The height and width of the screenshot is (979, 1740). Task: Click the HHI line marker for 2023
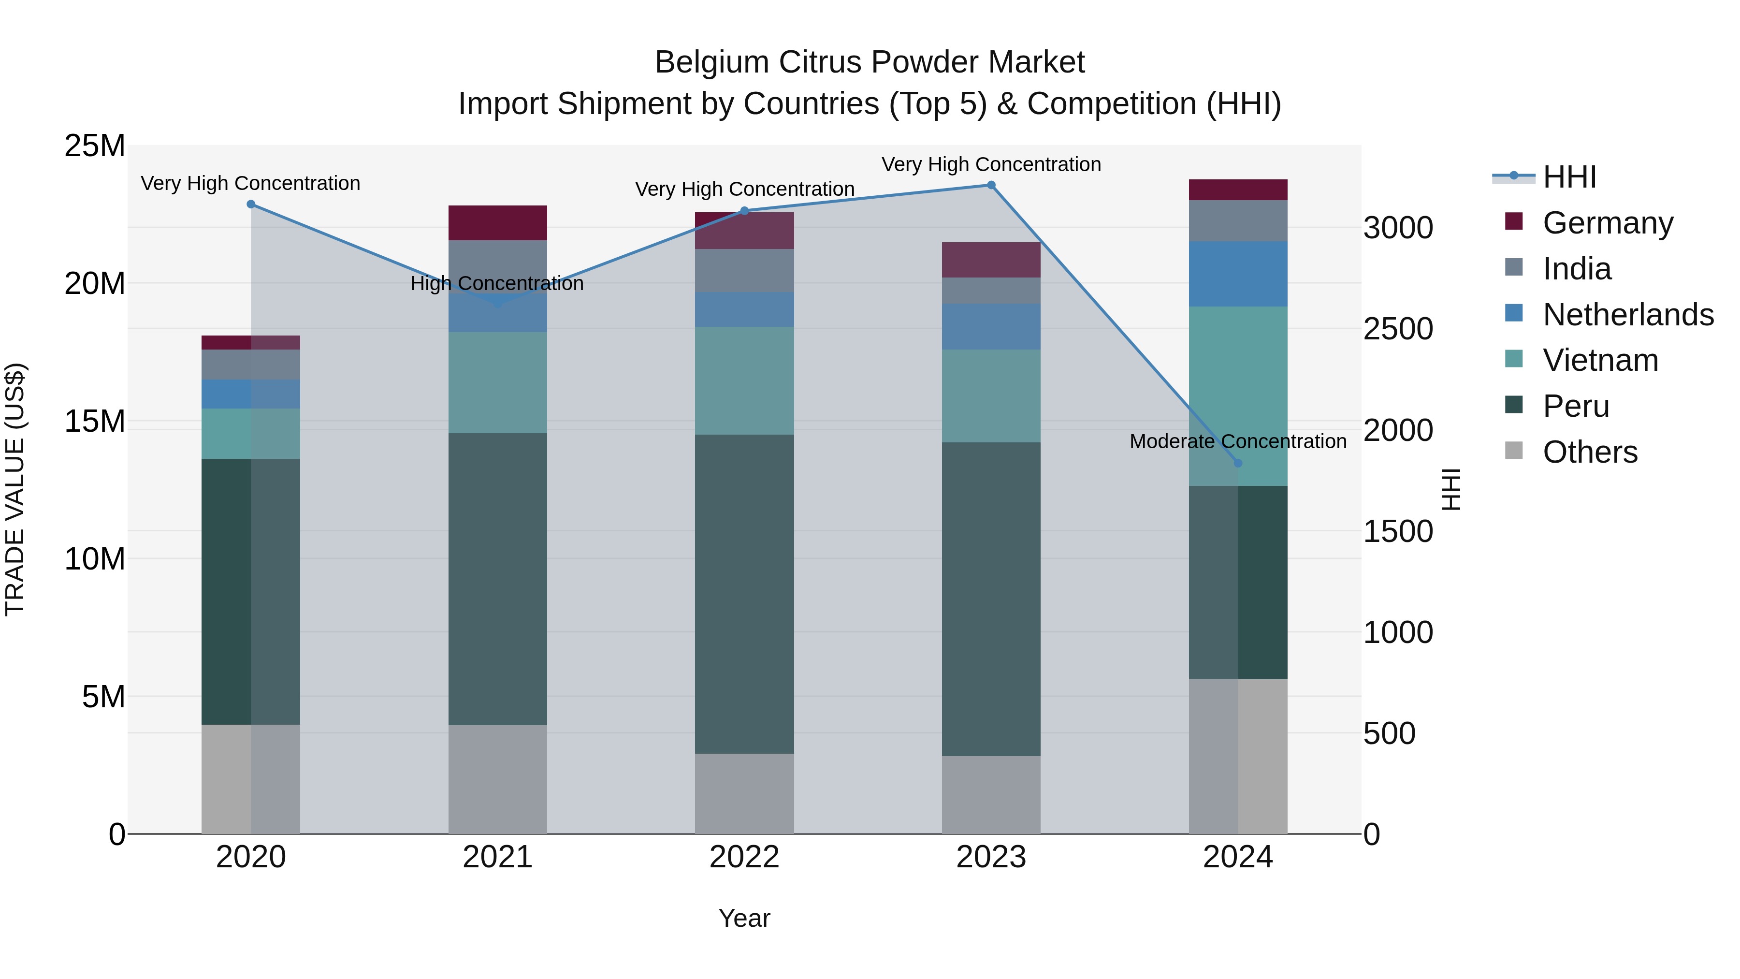point(991,185)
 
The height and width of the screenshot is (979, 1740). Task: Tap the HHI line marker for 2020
point(250,204)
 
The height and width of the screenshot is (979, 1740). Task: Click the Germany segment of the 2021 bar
point(497,222)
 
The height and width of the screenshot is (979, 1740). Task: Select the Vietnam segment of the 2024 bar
point(1237,396)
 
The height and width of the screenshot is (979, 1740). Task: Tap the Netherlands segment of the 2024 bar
point(1237,274)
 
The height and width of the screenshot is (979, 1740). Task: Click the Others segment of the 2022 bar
point(744,793)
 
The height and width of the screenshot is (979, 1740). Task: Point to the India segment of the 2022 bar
point(744,270)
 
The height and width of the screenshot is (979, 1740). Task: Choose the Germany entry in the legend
point(1608,223)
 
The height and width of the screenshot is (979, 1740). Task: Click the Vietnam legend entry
point(1599,360)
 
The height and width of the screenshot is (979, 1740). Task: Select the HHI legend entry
point(1569,177)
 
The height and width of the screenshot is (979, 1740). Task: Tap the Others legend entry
point(1589,452)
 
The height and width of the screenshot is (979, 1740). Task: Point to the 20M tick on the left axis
point(95,284)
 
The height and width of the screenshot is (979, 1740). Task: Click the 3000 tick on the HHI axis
point(1397,228)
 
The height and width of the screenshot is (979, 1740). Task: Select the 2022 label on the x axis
point(744,857)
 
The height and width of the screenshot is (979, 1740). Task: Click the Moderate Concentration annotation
point(1237,441)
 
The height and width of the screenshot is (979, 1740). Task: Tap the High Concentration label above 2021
point(497,283)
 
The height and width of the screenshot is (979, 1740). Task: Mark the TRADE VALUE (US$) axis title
point(15,489)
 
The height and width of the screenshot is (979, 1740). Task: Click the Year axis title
point(744,918)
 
